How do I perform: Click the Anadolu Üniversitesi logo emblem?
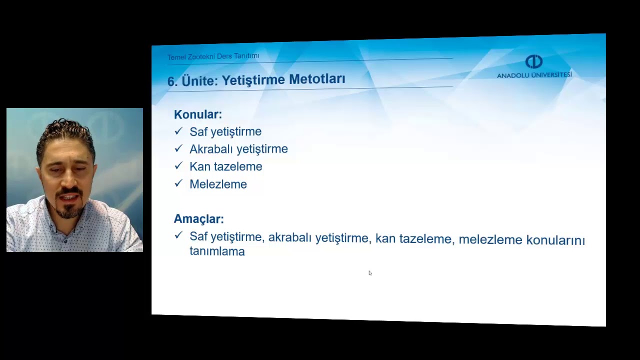[x=534, y=61]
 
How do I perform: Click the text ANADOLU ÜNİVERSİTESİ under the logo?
[x=534, y=75]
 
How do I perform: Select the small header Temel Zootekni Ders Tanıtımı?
[x=213, y=56]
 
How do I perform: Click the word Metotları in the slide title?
[x=317, y=79]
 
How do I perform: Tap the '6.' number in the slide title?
[x=172, y=82]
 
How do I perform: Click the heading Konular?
[x=197, y=114]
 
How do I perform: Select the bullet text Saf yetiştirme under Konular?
[x=225, y=131]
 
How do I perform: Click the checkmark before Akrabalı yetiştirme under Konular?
[x=178, y=148]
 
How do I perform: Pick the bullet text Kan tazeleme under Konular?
[x=225, y=166]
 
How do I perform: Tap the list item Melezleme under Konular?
[x=218, y=184]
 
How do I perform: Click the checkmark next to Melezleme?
[x=178, y=183]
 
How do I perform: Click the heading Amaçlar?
[x=198, y=219]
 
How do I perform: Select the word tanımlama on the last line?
[x=217, y=251]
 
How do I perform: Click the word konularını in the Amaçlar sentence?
[x=555, y=240]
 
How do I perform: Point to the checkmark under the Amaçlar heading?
[x=178, y=235]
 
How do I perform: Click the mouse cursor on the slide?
[x=370, y=273]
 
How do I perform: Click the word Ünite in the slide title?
[x=199, y=81]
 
